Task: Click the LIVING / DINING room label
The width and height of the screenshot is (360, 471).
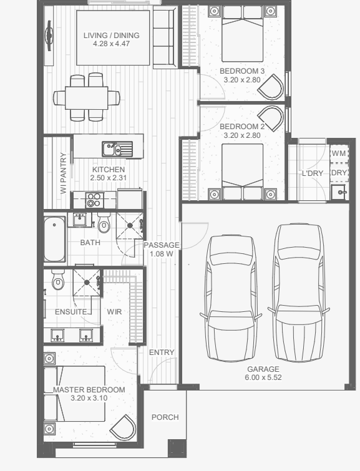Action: (112, 36)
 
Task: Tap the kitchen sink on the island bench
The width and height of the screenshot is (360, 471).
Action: (117, 148)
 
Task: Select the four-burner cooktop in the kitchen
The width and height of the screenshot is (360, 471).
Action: (94, 200)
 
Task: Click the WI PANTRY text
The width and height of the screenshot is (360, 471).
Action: (63, 173)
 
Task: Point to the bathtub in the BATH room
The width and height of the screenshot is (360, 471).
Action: (55, 239)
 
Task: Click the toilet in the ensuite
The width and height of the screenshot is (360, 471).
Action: (57, 280)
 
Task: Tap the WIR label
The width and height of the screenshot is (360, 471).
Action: (114, 311)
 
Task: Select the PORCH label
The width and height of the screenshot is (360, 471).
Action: (165, 417)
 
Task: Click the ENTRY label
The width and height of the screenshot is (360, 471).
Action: (162, 352)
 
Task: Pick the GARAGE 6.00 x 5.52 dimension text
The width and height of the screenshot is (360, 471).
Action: (263, 377)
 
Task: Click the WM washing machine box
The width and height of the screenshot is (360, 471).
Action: (339, 153)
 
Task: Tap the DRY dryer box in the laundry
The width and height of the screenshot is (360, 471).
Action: (339, 173)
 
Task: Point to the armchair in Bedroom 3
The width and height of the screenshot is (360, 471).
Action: (271, 87)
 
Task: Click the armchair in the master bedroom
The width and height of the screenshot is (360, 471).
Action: (123, 427)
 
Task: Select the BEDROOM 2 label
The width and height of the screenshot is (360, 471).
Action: (242, 127)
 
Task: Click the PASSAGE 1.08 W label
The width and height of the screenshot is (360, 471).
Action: (162, 250)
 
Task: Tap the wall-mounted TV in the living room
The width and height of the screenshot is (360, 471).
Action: (49, 36)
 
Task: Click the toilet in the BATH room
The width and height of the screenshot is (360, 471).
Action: (104, 223)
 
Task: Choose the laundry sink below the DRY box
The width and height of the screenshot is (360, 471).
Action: (340, 192)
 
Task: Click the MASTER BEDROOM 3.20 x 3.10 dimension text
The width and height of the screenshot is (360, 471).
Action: (89, 398)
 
